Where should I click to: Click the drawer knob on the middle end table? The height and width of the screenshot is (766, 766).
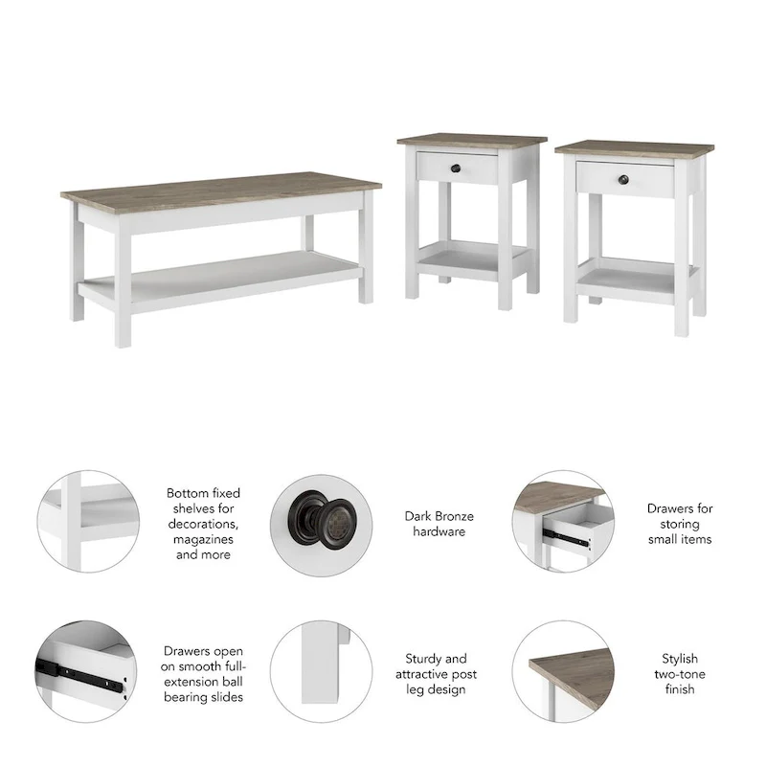pos(456,169)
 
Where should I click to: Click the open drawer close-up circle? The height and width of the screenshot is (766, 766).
pos(561,522)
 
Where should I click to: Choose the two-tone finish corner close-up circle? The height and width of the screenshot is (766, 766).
pos(561,671)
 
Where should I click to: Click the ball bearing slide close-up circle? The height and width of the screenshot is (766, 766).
pos(87,671)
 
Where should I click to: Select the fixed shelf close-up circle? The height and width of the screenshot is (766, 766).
pos(87,522)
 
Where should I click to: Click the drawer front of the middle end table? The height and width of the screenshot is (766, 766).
pos(457,168)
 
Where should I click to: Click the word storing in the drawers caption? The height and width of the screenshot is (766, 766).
pos(679,524)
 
